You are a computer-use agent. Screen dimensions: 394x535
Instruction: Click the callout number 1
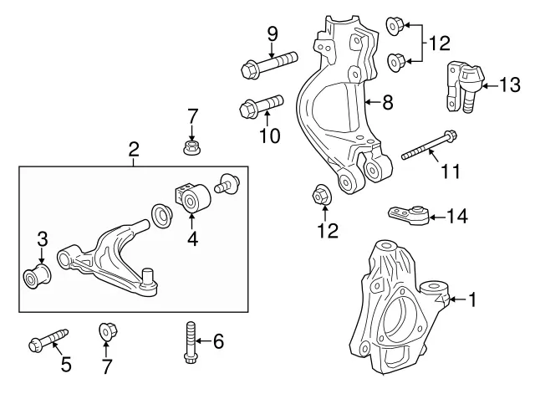point(472,298)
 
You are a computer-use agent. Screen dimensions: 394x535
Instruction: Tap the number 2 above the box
point(134,151)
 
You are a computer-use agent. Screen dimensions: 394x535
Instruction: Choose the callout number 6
point(219,340)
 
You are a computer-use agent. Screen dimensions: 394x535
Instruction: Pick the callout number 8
point(387,104)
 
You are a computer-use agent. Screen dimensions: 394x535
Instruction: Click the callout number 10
point(269,135)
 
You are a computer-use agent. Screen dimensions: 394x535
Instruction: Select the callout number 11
point(451,171)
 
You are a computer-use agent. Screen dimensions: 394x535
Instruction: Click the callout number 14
point(456,217)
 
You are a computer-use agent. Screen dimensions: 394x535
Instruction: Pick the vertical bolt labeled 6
point(188,343)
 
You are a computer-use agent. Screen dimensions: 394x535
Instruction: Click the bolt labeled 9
point(268,63)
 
